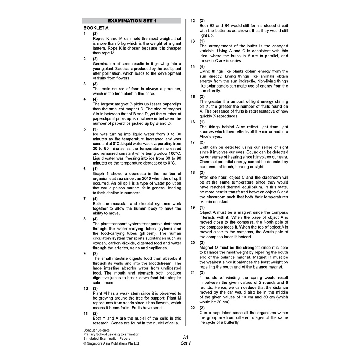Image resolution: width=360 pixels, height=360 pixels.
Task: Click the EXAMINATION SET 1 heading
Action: (x=132, y=21)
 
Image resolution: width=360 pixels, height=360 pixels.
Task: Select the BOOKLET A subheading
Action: (x=96, y=28)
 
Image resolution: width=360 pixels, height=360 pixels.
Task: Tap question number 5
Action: (x=85, y=129)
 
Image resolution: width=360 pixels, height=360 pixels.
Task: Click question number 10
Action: (x=85, y=288)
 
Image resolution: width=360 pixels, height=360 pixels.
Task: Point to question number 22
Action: (x=193, y=308)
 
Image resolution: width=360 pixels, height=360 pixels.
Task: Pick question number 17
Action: (x=193, y=142)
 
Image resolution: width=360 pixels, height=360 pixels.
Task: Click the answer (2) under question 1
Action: (x=95, y=34)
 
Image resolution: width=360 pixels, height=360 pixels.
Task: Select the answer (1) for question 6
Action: (x=95, y=169)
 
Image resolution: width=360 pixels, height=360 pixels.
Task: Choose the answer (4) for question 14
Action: (x=202, y=66)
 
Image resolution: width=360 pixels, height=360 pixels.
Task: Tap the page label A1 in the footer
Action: (x=186, y=337)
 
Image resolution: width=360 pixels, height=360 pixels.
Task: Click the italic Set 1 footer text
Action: (x=186, y=343)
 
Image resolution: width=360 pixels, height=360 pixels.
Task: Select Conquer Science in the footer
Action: (x=97, y=330)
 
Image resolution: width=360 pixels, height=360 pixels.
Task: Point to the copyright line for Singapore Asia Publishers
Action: (x=111, y=343)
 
